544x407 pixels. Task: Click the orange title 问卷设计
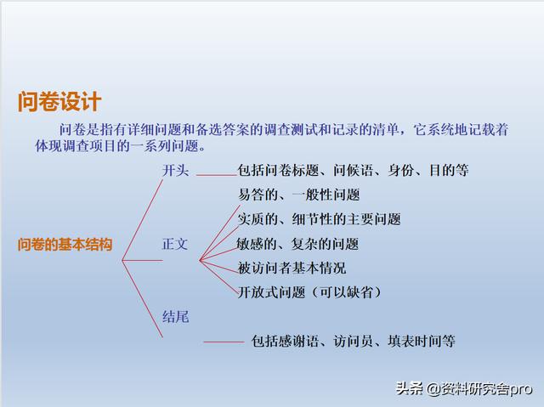[59, 102]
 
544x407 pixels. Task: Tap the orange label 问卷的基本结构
[65, 245]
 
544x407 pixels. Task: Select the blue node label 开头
[176, 171]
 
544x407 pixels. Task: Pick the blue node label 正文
[175, 245]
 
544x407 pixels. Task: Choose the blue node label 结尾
[176, 317]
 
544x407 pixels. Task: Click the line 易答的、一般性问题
[298, 195]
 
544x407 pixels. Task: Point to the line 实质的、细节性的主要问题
[320, 219]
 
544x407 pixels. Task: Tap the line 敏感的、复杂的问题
[297, 244]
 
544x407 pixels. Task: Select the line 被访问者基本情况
[292, 268]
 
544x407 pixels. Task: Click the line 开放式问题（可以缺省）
[309, 292]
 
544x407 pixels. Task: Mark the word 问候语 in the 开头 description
[354, 171]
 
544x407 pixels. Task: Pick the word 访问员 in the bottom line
[354, 342]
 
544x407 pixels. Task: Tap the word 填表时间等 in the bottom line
[422, 342]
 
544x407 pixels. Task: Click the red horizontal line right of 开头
[217, 175]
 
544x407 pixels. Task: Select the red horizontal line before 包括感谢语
[224, 342]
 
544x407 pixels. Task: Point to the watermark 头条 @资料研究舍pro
[464, 388]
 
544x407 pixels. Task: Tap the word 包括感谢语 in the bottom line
[285, 342]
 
